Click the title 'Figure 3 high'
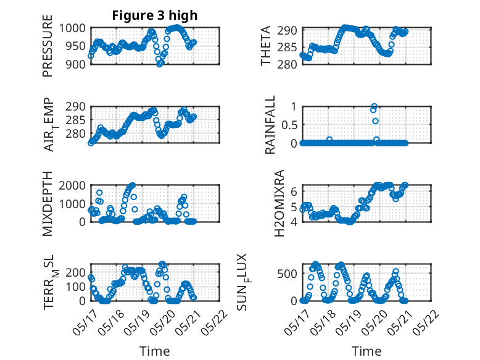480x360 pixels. (155, 15)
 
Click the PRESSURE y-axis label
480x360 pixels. (48, 46)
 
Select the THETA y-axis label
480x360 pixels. (266, 46)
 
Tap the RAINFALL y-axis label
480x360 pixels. (270, 125)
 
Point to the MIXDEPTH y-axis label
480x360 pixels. (48, 203)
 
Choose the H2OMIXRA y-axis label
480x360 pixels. (279, 203)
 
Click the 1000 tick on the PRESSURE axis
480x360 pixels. (72, 28)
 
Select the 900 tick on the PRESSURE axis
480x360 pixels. (76, 64)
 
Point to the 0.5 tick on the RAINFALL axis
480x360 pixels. (289, 125)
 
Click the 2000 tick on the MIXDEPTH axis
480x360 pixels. (72, 185)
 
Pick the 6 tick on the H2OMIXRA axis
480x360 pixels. (294, 191)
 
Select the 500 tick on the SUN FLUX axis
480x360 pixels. (287, 274)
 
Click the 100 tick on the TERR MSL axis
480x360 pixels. (76, 287)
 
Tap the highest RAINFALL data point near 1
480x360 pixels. (374, 106)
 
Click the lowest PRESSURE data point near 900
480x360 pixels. (159, 64)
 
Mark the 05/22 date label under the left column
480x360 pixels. (215, 322)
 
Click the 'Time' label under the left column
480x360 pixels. (155, 351)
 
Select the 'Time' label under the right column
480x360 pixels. (366, 351)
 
